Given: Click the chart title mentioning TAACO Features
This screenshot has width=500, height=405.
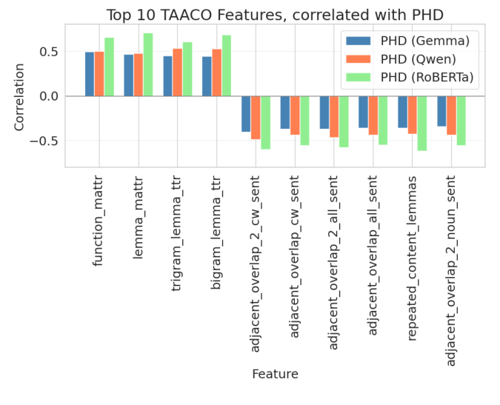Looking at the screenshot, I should pyautogui.click(x=274, y=15).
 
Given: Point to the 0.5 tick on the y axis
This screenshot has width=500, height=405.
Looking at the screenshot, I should pyautogui.click(x=50, y=52).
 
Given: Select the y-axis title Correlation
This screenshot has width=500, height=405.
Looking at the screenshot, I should pyautogui.click(x=20, y=96).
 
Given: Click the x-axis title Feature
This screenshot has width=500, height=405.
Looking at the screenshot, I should pyautogui.click(x=274, y=374).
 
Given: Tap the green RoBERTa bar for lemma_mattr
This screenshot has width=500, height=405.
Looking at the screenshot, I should pyautogui.click(x=148, y=65).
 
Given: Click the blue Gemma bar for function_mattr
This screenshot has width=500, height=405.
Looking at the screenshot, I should pyautogui.click(x=90, y=74).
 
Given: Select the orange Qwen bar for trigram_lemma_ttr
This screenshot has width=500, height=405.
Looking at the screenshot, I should pyautogui.click(x=178, y=73).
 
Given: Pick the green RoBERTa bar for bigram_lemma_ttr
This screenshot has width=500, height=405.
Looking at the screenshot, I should pyautogui.click(x=227, y=66).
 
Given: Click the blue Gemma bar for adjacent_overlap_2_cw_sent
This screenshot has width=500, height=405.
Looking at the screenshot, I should pyautogui.click(x=246, y=114).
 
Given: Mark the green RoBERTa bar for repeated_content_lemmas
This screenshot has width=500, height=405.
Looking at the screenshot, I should pyautogui.click(x=422, y=123).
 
